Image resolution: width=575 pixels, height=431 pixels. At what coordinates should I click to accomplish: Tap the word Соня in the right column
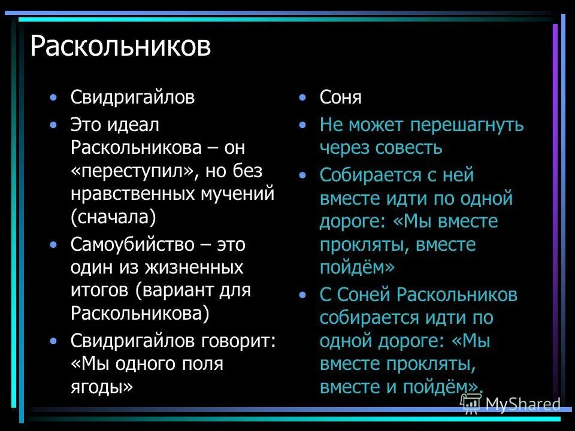pyautogui.click(x=340, y=97)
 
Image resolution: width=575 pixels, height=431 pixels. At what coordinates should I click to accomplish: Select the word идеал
pyautogui.click(x=135, y=125)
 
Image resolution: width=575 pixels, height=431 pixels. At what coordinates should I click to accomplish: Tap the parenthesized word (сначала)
pyautogui.click(x=113, y=217)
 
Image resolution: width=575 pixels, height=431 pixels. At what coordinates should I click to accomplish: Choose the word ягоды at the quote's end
pyautogui.click(x=102, y=387)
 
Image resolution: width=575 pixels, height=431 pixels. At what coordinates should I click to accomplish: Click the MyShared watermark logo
pyautogui.click(x=510, y=404)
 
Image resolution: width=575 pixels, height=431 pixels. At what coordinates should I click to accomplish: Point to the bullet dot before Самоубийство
pyautogui.click(x=55, y=244)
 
